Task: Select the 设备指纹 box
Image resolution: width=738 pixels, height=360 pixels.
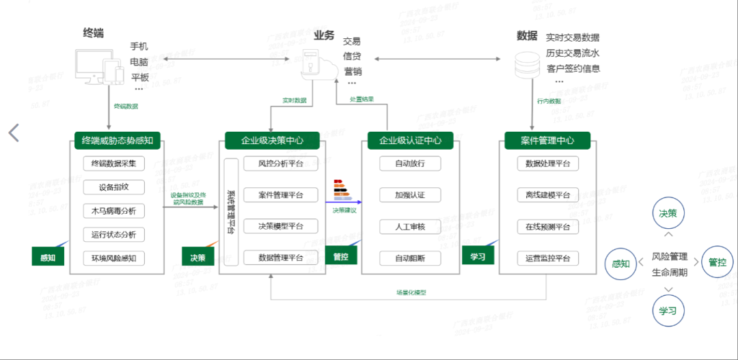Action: [114, 187]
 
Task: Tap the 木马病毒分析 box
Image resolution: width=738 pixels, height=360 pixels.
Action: [114, 210]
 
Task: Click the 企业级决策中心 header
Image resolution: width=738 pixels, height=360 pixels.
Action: [273, 141]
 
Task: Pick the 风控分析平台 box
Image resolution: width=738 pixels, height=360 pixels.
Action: [281, 163]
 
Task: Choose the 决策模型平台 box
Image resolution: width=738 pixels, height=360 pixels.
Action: [281, 226]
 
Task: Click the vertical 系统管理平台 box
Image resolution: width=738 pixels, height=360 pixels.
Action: [231, 212]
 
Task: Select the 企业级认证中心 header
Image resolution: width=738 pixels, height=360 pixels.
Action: [410, 141]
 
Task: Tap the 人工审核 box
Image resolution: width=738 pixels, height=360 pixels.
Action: [410, 226]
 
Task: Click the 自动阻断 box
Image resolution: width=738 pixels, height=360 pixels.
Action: [410, 258]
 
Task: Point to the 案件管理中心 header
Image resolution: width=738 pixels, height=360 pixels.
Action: [547, 141]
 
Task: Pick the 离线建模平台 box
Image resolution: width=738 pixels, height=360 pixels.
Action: [547, 195]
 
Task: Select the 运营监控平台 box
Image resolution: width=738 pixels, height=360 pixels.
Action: [547, 258]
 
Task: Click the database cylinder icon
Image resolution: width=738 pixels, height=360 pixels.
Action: [528, 64]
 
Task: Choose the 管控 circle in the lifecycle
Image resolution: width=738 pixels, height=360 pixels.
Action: [717, 262]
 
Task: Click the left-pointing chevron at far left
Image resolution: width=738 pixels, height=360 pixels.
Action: [14, 133]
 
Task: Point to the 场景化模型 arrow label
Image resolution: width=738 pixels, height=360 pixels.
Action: [411, 292]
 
